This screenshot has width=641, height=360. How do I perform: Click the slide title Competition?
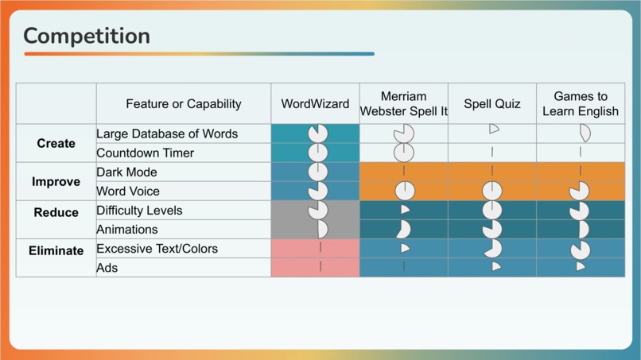87,36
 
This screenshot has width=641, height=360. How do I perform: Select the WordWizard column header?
315,104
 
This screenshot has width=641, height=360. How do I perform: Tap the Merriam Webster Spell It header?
403,104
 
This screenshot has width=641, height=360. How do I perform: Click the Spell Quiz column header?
492,104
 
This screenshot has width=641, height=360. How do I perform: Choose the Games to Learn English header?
580,104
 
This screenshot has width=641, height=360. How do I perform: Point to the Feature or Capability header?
183,104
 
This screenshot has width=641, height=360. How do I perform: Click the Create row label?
56,144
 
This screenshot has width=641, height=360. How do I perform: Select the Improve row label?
56,182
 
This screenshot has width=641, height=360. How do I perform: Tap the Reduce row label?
56,213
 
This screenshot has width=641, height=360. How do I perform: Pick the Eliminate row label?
56,251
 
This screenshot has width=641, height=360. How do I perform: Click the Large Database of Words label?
167,134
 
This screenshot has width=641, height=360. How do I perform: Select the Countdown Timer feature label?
145,153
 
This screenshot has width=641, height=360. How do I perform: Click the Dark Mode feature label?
126,172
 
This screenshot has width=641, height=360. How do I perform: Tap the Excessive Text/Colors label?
157,249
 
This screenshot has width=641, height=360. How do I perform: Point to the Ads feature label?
107,268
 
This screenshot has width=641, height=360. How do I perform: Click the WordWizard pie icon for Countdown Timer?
318,152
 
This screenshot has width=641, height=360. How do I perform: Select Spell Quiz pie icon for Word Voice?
492,191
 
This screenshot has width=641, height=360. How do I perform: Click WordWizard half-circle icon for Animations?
321,230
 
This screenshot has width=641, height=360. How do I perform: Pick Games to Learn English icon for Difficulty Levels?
580,211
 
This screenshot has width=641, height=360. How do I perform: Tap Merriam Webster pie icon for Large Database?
404,133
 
